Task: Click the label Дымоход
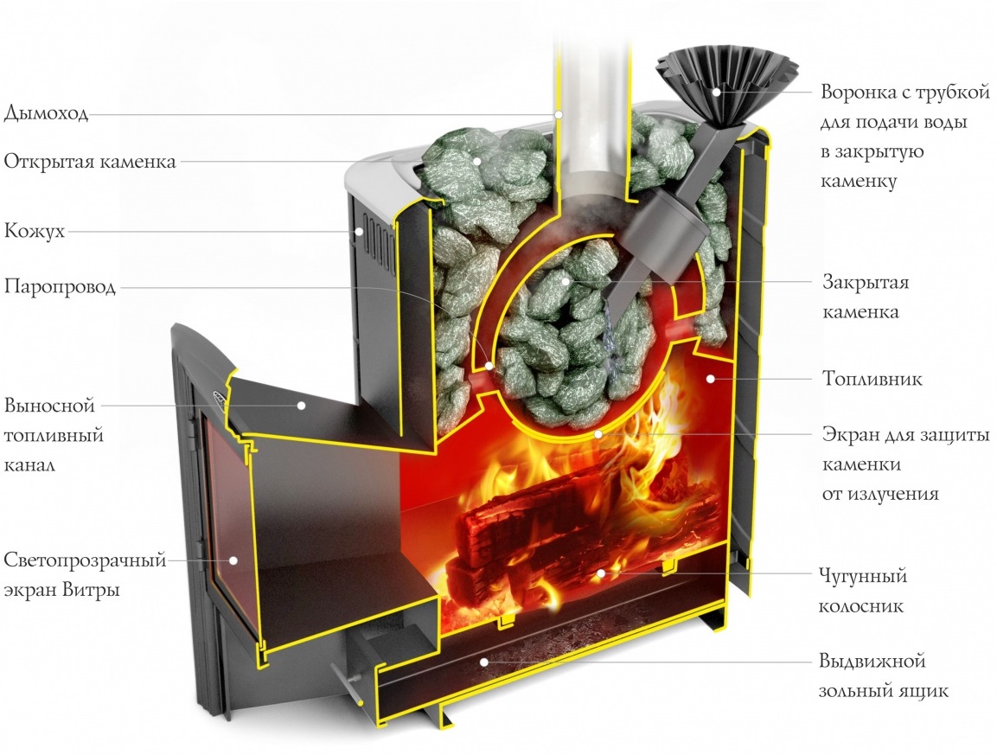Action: click(x=47, y=113)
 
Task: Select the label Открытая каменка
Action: click(x=90, y=162)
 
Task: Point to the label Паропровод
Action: click(x=60, y=287)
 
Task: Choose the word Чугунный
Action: click(x=863, y=575)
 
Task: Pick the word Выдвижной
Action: click(x=872, y=662)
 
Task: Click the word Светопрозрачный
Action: click(x=85, y=560)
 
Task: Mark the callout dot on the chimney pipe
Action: click(x=559, y=114)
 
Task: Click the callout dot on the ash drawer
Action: click(x=484, y=662)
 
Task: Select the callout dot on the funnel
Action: click(x=716, y=90)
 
